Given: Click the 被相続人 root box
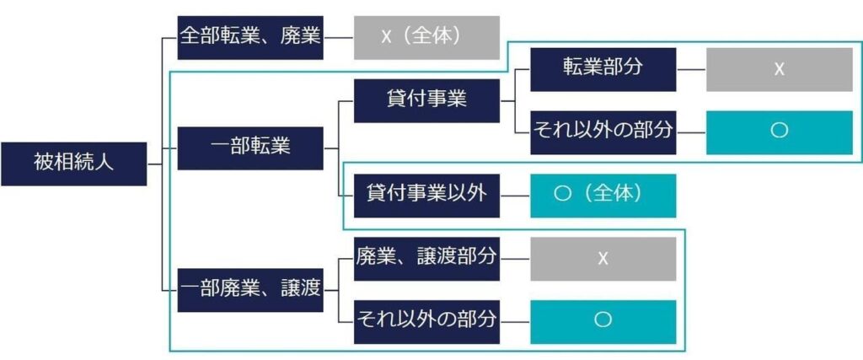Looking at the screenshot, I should (x=74, y=164).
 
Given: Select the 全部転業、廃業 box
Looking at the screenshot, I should (x=250, y=38).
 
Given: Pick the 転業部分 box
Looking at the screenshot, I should (x=603, y=69).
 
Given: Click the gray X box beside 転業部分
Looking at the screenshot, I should (x=779, y=69).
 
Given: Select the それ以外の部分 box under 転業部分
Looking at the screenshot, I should (x=603, y=132).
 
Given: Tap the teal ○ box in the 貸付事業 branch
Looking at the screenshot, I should (x=779, y=132).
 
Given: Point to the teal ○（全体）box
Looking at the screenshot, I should (x=603, y=195).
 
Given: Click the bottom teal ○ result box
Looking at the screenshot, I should (x=603, y=321).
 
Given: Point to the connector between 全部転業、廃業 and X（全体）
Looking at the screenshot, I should (x=338, y=38).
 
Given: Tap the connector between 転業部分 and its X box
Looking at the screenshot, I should (x=690, y=69).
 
